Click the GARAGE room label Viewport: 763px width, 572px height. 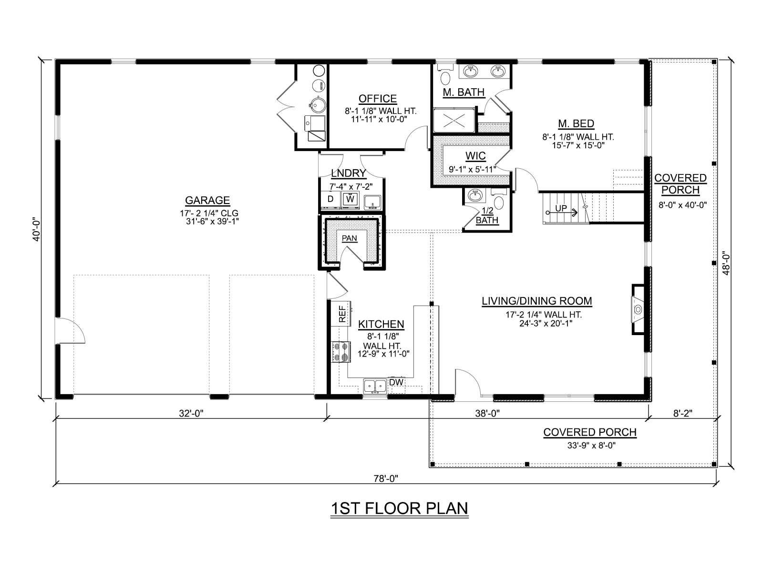pyautogui.click(x=207, y=200)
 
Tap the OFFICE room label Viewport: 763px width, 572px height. pyautogui.click(x=378, y=99)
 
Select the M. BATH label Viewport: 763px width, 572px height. pyautogui.click(x=464, y=92)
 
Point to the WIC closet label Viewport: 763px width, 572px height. pyautogui.click(x=475, y=156)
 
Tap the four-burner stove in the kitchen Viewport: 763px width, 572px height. pyautogui.click(x=341, y=352)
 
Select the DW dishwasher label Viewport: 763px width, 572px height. pyautogui.click(x=396, y=382)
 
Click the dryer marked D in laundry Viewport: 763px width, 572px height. pyautogui.click(x=330, y=199)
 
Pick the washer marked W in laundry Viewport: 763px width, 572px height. pyautogui.click(x=350, y=199)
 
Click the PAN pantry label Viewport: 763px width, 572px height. pyautogui.click(x=349, y=238)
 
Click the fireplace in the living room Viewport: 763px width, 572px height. pyautogui.click(x=638, y=309)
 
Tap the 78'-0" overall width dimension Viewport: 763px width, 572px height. pyautogui.click(x=386, y=479)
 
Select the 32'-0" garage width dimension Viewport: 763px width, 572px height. pyautogui.click(x=191, y=413)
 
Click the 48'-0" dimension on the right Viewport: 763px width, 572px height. pyautogui.click(x=726, y=264)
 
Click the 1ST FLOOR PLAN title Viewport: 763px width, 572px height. pyautogui.click(x=399, y=509)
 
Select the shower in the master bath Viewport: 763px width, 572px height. pyautogui.click(x=454, y=120)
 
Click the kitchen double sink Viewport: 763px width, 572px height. pyautogui.click(x=375, y=386)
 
